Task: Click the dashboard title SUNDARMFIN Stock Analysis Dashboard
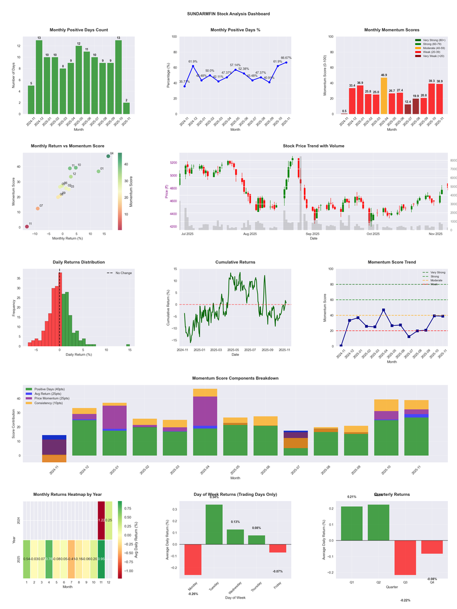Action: [x=228, y=13]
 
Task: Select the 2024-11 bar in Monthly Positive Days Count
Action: [x=31, y=99]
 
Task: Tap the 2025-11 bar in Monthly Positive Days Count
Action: [x=126, y=108]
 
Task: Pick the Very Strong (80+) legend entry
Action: [x=434, y=40]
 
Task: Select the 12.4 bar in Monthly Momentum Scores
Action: [x=407, y=109]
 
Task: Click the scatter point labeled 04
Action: [x=108, y=156]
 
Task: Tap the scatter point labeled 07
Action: [x=38, y=209]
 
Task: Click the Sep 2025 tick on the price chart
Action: [x=312, y=234]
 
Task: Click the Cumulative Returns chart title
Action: [x=235, y=262]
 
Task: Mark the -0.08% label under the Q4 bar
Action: [x=432, y=579]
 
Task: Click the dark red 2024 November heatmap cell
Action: [x=101, y=520]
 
